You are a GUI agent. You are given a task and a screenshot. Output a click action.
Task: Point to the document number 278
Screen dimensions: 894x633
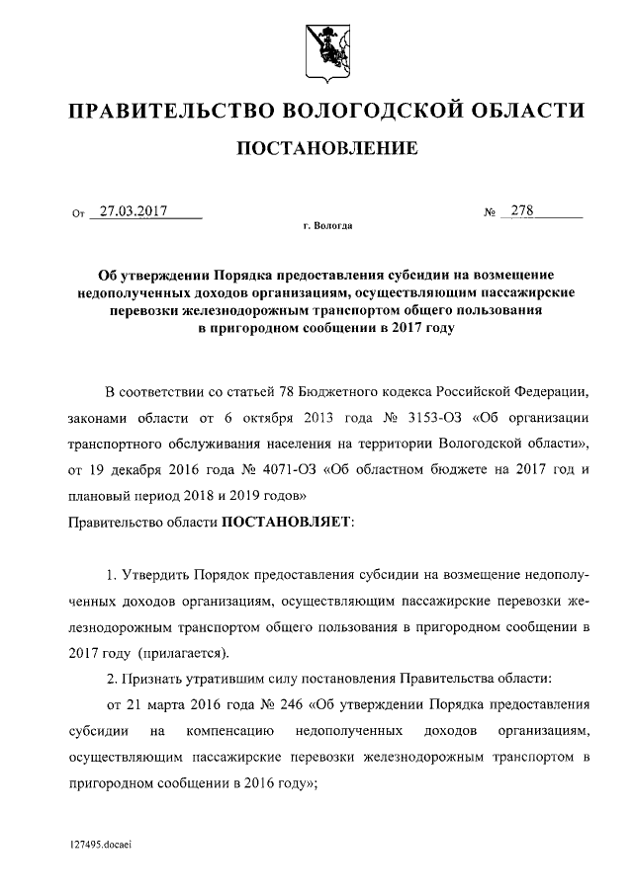pos(521,210)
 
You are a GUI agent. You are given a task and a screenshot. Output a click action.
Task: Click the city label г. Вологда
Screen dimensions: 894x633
pos(326,226)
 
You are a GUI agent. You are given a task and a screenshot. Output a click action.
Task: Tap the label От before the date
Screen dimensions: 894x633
pos(79,212)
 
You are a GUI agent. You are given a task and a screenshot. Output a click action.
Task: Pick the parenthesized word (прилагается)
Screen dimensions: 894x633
pos(184,652)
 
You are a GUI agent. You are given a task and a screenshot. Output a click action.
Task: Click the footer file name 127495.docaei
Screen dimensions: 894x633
pos(102,847)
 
